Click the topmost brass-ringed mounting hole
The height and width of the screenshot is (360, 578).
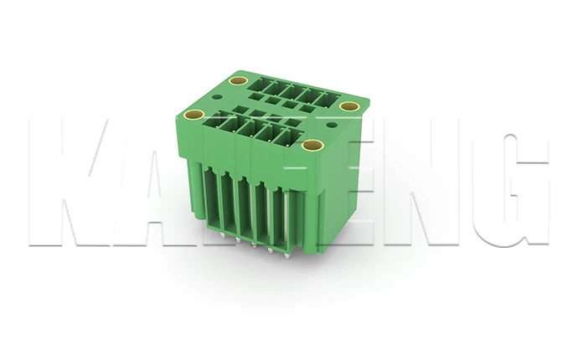(238, 82)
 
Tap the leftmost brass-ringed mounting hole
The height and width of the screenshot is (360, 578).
(194, 114)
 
